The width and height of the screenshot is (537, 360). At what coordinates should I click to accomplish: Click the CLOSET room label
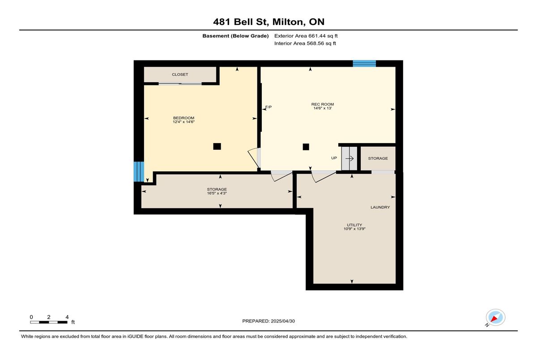tap(180, 75)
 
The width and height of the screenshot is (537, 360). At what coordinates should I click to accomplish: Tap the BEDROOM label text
tap(183, 118)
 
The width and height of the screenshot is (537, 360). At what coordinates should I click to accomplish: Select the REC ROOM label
tap(323, 104)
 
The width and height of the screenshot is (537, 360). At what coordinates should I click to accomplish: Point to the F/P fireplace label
tap(268, 107)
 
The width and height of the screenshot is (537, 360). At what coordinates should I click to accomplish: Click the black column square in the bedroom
tap(217, 146)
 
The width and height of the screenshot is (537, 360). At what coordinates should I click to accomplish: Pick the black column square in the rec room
tap(306, 147)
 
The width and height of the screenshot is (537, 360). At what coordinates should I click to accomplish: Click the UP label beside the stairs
tap(334, 158)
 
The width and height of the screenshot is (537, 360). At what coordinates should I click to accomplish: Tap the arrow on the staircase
tap(349, 159)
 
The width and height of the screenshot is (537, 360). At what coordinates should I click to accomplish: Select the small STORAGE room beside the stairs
tap(378, 158)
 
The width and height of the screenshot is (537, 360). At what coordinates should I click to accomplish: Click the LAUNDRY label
tap(380, 207)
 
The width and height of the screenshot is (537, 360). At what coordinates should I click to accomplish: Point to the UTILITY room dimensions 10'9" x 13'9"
tap(354, 229)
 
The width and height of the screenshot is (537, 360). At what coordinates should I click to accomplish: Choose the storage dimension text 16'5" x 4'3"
tap(217, 193)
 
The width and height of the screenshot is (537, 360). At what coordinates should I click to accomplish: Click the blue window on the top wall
tap(364, 64)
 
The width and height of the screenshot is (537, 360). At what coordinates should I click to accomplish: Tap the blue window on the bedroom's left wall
tap(139, 172)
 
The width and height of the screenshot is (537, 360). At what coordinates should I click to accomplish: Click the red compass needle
tap(494, 319)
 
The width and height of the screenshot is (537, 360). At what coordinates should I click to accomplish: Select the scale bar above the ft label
tap(49, 322)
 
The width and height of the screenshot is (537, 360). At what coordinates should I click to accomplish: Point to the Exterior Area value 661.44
tap(316, 36)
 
